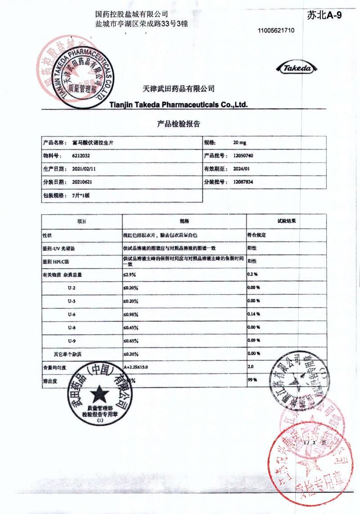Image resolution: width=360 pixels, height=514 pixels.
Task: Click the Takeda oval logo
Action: (297, 68)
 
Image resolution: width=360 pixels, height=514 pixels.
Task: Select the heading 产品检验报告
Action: (179, 124)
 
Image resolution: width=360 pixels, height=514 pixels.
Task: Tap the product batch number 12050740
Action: (244, 155)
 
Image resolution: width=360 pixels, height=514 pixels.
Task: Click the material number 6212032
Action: (81, 156)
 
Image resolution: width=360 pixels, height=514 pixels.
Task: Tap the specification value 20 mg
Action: (239, 143)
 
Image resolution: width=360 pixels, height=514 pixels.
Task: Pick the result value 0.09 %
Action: (254, 341)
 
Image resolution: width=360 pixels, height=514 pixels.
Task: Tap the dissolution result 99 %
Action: (252, 380)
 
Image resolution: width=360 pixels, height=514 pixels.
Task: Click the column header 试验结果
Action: (286, 221)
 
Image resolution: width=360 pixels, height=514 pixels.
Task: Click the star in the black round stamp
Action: (99, 395)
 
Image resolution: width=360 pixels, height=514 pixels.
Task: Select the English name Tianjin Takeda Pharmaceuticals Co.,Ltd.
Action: (179, 105)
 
